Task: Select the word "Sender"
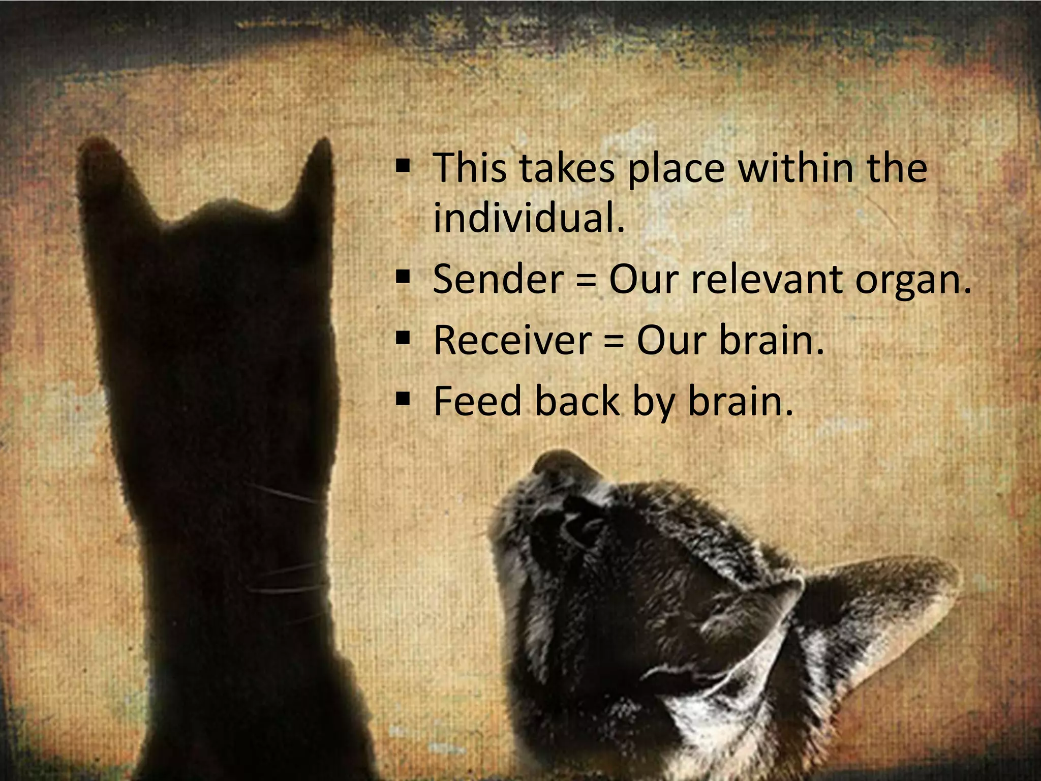pyautogui.click(x=498, y=279)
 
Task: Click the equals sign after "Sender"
pyautogui.click(x=586, y=280)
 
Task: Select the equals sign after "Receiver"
pyautogui.click(x=614, y=341)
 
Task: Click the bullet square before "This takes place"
pyautogui.click(x=403, y=165)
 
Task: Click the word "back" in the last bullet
pyautogui.click(x=577, y=401)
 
